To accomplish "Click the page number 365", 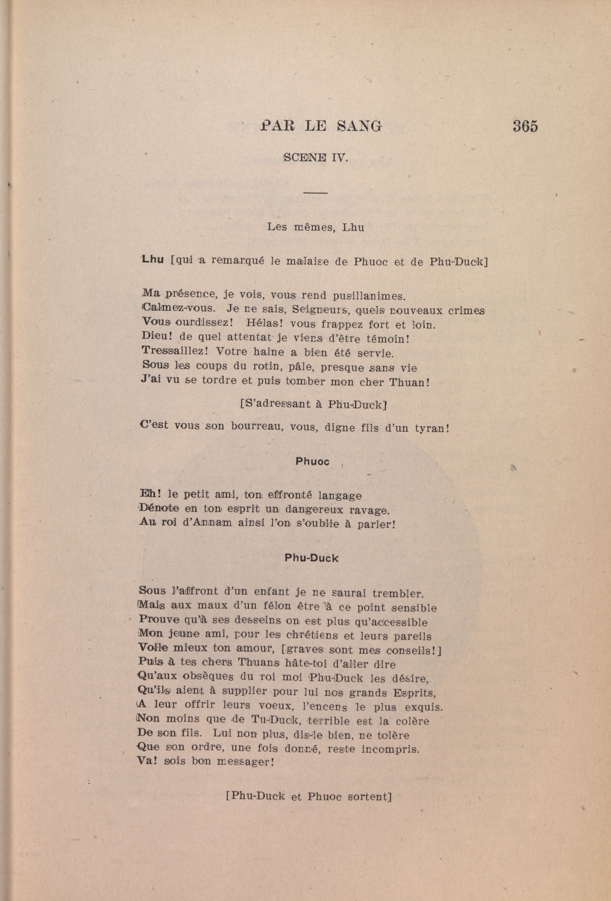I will coord(525,127).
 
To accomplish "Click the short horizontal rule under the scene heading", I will coord(316,192).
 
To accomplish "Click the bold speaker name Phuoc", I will coord(312,461).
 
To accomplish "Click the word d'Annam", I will coord(204,524).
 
